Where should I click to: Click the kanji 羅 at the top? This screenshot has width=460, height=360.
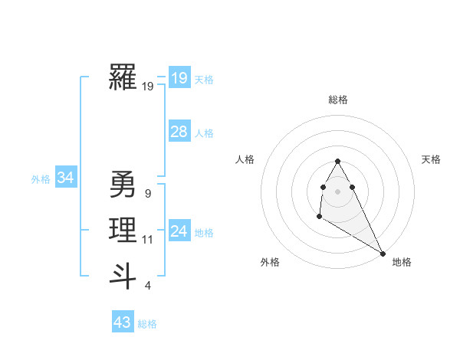[123, 77]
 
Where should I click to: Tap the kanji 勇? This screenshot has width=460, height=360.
[123, 184]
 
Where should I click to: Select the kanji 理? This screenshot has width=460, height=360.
[123, 230]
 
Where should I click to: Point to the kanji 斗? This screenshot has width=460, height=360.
[123, 276]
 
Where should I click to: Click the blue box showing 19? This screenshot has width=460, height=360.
[179, 78]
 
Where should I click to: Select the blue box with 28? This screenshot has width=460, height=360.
[179, 132]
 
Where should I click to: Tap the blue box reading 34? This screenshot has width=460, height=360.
[65, 178]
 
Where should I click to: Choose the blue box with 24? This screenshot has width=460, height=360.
[179, 231]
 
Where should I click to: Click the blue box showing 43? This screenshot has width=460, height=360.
[123, 322]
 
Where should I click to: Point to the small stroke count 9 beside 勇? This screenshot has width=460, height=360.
[147, 194]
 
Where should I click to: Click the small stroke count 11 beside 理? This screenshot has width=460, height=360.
[147, 240]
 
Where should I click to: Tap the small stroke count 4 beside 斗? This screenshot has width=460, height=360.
[147, 286]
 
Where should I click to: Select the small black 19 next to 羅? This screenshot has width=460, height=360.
[147, 87]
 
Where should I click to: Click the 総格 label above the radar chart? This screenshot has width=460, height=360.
[338, 100]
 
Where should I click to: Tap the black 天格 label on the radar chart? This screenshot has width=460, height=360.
[431, 159]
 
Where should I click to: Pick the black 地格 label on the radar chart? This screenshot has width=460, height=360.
[402, 263]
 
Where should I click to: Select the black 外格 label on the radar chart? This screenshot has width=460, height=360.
[270, 263]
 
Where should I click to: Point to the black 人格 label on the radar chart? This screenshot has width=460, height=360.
[245, 159]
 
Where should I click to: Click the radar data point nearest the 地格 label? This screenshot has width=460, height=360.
[383, 254]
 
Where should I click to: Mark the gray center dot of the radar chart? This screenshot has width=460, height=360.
[338, 191]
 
